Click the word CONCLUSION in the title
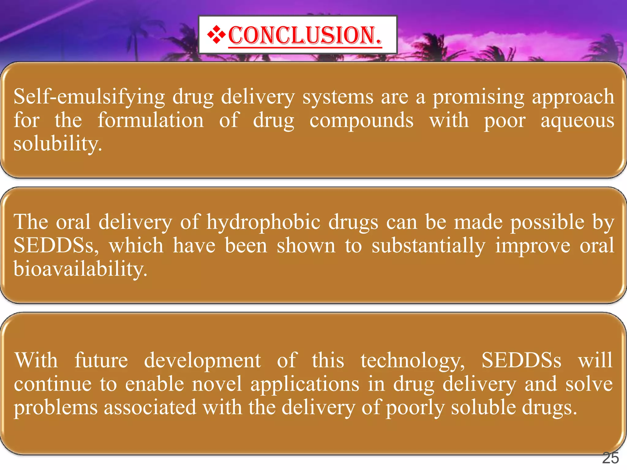click(x=305, y=35)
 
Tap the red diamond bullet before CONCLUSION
click(x=216, y=35)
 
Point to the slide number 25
click(x=610, y=458)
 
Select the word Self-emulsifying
click(x=89, y=97)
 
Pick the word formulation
click(x=151, y=120)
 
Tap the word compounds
click(x=361, y=121)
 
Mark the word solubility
click(x=57, y=144)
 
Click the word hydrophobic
click(x=263, y=222)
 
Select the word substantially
click(x=429, y=246)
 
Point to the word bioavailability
click(x=80, y=269)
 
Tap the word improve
click(x=533, y=246)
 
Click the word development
click(x=202, y=360)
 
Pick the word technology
click(x=412, y=361)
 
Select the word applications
click(x=305, y=385)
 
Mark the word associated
click(x=150, y=407)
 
